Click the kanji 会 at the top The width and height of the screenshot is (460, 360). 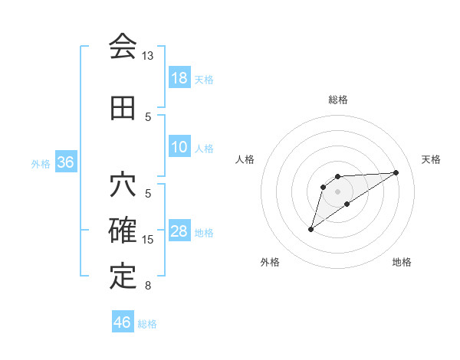123,47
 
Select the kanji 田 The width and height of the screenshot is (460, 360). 123,108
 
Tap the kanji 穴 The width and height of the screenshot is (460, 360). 123,185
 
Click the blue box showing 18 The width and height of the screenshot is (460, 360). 179,78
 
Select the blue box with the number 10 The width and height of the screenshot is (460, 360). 179,148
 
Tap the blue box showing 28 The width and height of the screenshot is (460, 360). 179,232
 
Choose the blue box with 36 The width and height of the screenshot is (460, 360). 66,162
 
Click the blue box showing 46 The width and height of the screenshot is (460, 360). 123,322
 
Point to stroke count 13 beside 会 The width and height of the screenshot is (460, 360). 148,56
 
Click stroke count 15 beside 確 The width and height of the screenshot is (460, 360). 148,240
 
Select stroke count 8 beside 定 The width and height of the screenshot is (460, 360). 148,286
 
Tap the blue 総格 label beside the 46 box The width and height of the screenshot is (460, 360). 147,324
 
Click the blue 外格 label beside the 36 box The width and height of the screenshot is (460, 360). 41,163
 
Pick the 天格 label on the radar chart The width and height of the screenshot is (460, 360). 431,159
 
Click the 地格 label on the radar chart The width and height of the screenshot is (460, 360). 402,262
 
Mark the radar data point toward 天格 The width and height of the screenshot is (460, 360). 396,172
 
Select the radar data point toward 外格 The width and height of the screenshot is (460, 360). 310,229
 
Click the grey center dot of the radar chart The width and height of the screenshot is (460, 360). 337,191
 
